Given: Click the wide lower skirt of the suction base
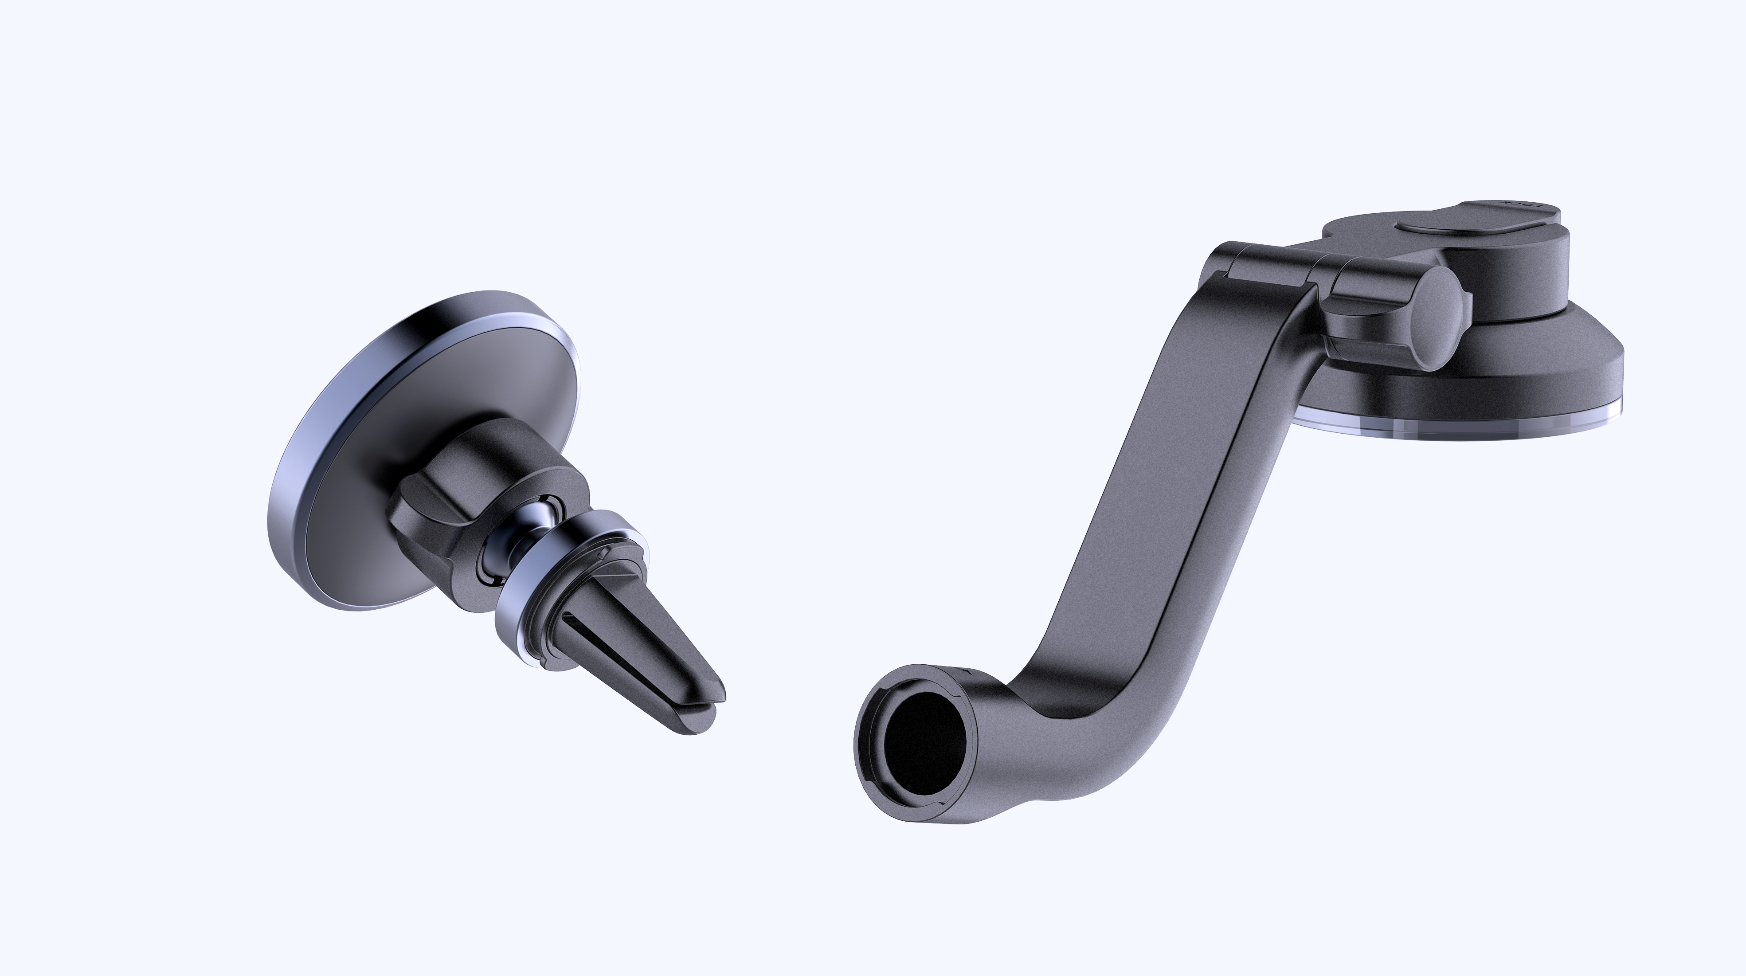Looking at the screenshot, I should (1579, 380).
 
